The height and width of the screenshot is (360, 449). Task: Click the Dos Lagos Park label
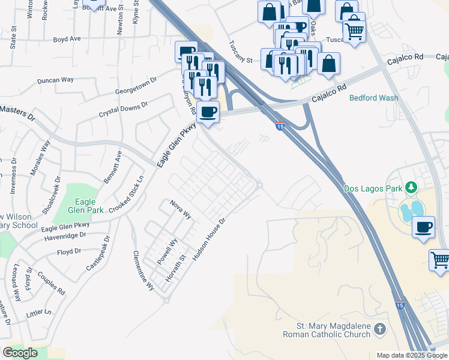coord(372,188)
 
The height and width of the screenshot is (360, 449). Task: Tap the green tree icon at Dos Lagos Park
coord(411,188)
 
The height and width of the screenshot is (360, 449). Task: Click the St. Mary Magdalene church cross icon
coord(379,329)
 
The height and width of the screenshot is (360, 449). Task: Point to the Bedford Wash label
coord(374,98)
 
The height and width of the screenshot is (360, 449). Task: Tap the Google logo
coord(20,353)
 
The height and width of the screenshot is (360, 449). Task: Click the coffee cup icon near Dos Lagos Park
coord(424,227)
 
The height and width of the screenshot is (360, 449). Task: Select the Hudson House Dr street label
coord(208,239)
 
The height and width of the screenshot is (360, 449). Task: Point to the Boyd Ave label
coord(67,38)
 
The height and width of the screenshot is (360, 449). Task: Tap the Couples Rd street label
coord(51,281)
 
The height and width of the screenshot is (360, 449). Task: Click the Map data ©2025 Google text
coord(412,355)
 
